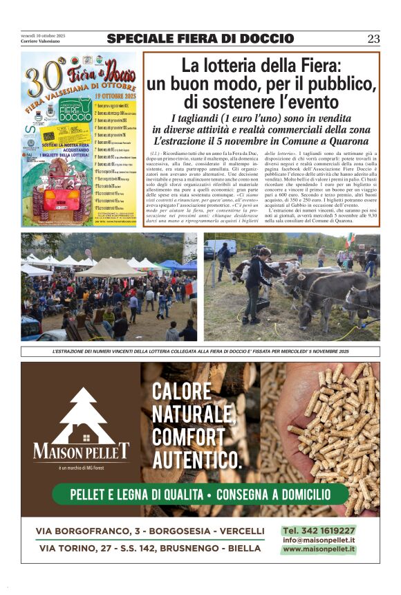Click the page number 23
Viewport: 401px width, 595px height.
pos(373,39)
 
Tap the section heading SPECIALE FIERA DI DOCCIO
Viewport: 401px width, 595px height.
pos(200,39)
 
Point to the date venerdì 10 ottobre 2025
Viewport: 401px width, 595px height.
pos(43,35)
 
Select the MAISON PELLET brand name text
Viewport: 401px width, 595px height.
pos(81,453)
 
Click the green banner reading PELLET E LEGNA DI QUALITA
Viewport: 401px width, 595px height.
pos(200,495)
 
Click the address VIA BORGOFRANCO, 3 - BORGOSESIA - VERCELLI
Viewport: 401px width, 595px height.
pos(150,531)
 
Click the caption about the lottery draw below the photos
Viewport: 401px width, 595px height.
pos(200,352)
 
